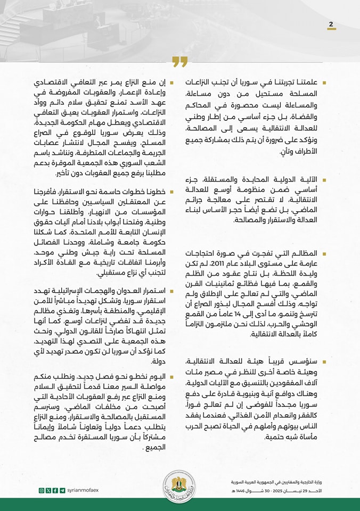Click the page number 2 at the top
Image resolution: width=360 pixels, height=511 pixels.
point(331,24)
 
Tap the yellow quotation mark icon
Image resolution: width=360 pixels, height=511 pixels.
point(180,62)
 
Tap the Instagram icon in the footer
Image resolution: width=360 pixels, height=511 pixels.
point(42,490)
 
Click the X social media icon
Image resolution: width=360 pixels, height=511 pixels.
point(48,490)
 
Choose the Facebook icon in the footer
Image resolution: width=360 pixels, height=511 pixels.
point(55,490)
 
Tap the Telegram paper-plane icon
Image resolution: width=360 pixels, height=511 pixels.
point(62,490)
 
